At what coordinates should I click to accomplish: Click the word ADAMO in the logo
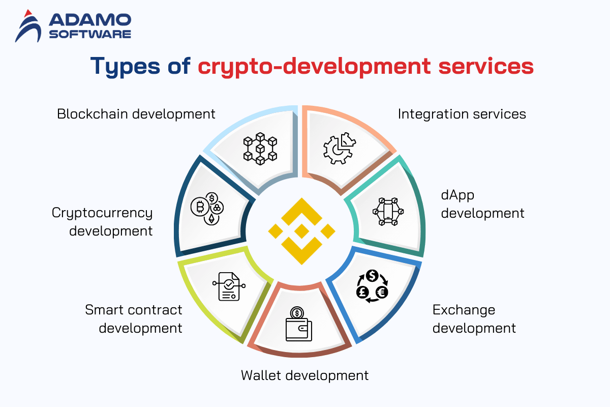90,20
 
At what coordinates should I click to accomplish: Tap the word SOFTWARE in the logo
90,34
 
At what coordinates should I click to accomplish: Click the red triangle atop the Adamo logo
28,13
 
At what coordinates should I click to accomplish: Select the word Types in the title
125,66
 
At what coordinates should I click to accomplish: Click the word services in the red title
486,66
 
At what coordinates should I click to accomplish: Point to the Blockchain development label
136,114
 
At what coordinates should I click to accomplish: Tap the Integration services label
462,114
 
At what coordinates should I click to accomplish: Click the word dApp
457,195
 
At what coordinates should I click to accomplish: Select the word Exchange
464,310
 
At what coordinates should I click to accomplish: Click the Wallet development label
304,375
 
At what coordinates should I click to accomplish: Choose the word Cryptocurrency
102,213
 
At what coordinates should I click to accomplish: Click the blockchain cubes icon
260,149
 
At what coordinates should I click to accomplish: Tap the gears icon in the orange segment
340,148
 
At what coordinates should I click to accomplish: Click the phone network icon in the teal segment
388,212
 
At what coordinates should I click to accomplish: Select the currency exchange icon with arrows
372,286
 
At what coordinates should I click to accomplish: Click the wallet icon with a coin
299,324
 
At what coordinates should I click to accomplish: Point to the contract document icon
229,286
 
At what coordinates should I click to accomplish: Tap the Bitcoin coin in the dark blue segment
200,207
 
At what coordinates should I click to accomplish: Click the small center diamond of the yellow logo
301,231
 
